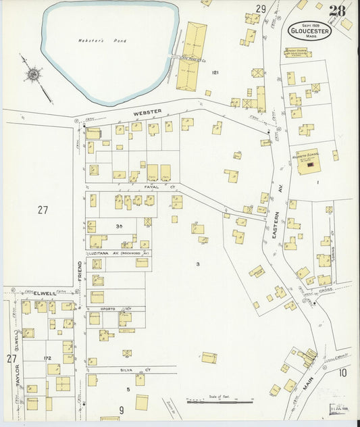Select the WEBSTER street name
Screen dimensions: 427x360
coord(147,113)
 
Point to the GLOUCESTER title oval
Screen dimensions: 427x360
coord(309,30)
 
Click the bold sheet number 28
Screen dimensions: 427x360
coord(338,10)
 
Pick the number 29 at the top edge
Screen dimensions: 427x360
coord(261,9)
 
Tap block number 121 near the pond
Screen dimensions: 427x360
coord(215,72)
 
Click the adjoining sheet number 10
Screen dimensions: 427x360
coord(342,372)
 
